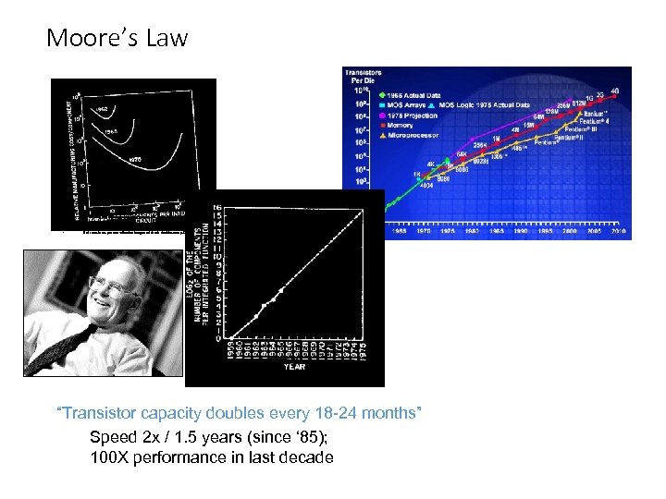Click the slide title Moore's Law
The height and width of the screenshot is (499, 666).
pyautogui.click(x=117, y=38)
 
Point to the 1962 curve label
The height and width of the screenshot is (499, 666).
pyautogui.click(x=100, y=109)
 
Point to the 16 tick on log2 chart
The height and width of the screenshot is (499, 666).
pyautogui.click(x=216, y=206)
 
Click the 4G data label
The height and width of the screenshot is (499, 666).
pyautogui.click(x=614, y=91)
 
